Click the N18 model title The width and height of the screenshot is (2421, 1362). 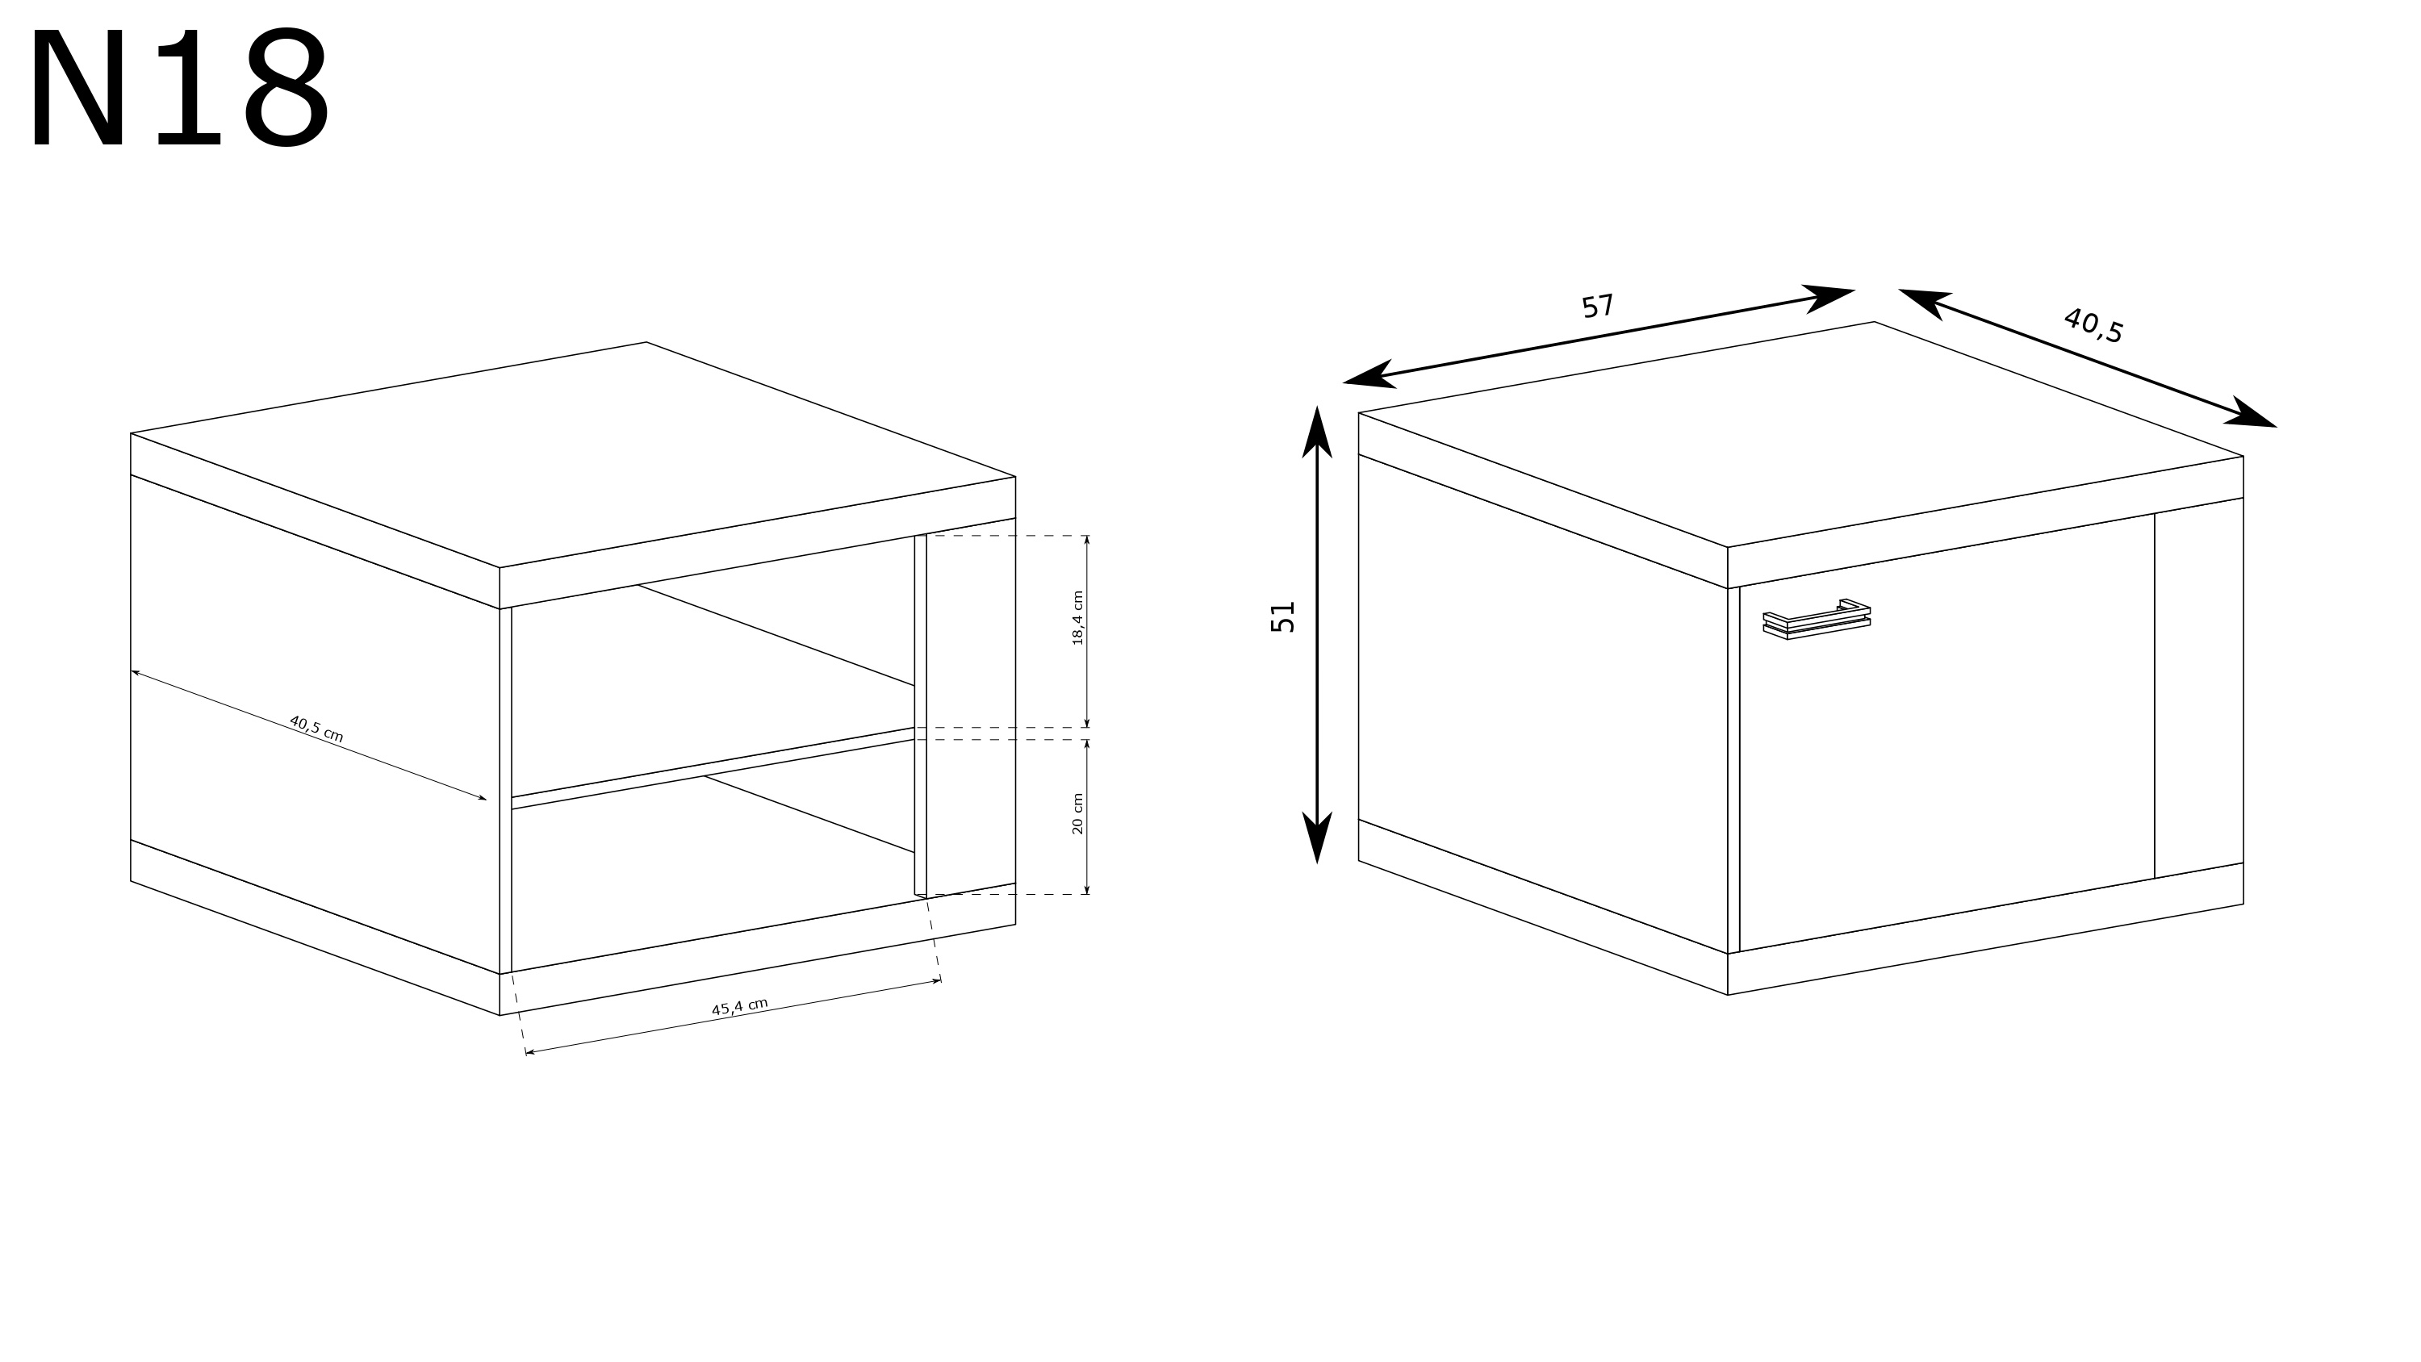pyautogui.click(x=181, y=90)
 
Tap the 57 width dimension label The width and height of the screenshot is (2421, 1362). pyautogui.click(x=1597, y=307)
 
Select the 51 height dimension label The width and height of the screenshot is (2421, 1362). pyautogui.click(x=1283, y=616)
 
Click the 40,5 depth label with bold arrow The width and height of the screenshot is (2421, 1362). pyautogui.click(x=2093, y=325)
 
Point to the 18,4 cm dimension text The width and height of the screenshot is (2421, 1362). pyautogui.click(x=1078, y=617)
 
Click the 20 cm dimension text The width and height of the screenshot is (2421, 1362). pyautogui.click(x=1078, y=813)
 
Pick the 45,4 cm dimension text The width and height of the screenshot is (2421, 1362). pyautogui.click(x=740, y=1007)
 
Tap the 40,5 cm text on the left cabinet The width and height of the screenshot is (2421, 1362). pyautogui.click(x=316, y=729)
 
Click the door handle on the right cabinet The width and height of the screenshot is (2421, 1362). pyautogui.click(x=1816, y=620)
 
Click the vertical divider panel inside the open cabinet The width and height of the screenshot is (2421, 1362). pyautogui.click(x=921, y=717)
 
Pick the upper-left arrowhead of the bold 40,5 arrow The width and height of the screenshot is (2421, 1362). pyautogui.click(x=1926, y=302)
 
